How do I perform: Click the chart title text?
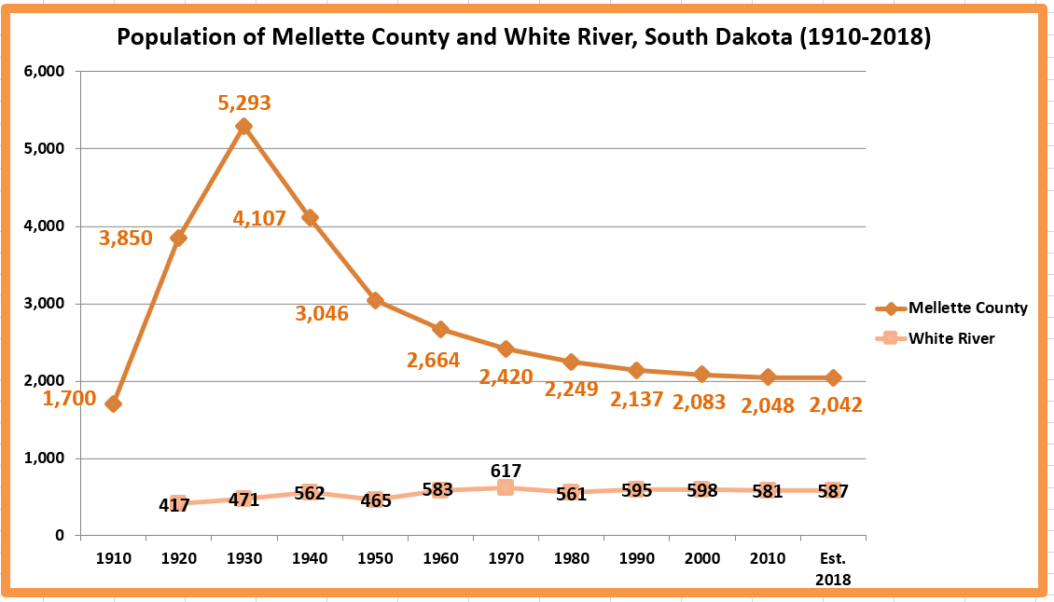point(523,37)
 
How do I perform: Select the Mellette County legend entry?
point(967,308)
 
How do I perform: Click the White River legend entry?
point(951,338)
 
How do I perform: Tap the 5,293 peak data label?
point(243,103)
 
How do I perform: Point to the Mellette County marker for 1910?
point(113,404)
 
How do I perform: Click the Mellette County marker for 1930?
point(243,127)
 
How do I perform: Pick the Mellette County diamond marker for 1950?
point(375,300)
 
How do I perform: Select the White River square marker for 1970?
point(506,487)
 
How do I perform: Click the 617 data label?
point(506,471)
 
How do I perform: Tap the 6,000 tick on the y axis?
point(44,72)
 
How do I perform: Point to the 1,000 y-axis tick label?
point(44,458)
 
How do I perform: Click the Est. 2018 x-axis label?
point(832,568)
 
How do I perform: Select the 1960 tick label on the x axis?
point(440,559)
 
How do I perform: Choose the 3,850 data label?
point(125,239)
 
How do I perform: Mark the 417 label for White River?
point(174,506)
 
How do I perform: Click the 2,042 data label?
point(836,405)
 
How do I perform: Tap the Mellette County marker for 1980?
point(571,362)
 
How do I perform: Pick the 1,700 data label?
point(70,400)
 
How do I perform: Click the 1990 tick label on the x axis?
point(636,559)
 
